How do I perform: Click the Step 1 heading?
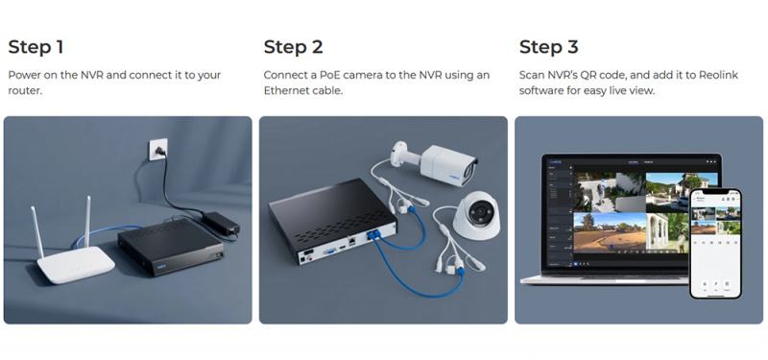[x=36, y=47]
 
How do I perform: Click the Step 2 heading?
[x=294, y=47]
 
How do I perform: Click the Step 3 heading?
[x=548, y=47]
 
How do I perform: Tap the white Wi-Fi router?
[x=74, y=254]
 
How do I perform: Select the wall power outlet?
[x=158, y=149]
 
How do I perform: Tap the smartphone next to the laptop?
[x=715, y=244]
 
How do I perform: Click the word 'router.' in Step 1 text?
[x=25, y=90]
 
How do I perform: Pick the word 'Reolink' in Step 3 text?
[x=717, y=75]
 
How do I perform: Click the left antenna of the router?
[x=37, y=231]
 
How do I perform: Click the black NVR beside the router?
[x=172, y=247]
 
